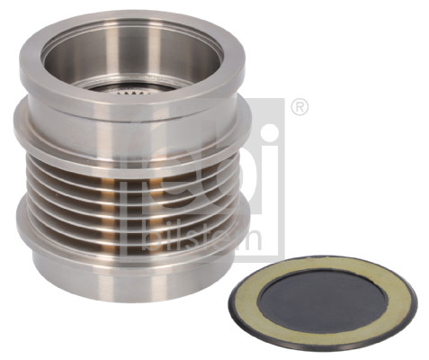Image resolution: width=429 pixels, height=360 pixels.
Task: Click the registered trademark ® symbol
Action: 301,109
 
